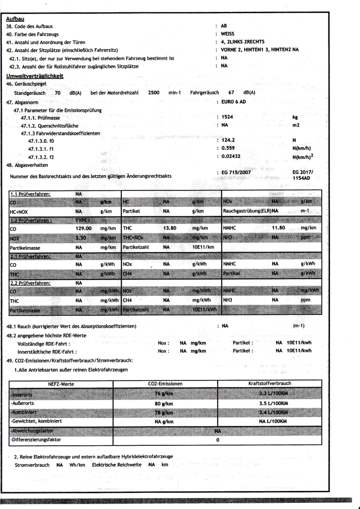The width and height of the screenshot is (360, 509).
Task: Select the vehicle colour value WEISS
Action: [229, 33]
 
